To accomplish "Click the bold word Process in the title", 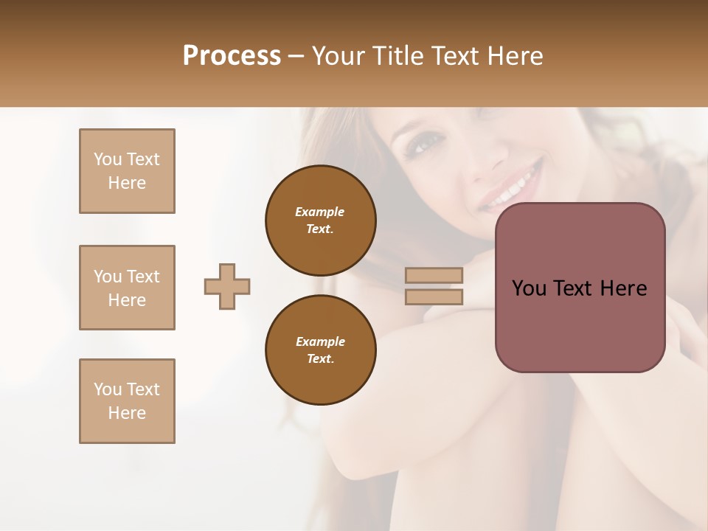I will coord(232,56).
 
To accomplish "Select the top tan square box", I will coord(127,171).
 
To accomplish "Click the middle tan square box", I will coord(127,288).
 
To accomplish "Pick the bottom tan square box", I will coord(127,401).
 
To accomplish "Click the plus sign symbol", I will coord(227,286).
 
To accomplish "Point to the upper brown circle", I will coord(320,220).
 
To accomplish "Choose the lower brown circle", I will coord(320,350).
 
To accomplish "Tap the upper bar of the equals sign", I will coord(434,276).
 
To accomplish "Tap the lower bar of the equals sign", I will coord(434,296).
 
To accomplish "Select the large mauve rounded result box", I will coord(580,287).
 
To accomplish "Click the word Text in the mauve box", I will coord(572,288).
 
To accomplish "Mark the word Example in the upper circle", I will coord(320,212).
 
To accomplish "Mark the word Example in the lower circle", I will coord(320,341).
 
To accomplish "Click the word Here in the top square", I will coord(127,183).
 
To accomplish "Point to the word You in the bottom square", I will coord(107,389).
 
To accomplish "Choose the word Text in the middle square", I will coord(143,277).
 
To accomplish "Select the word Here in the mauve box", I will coord(623,288).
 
